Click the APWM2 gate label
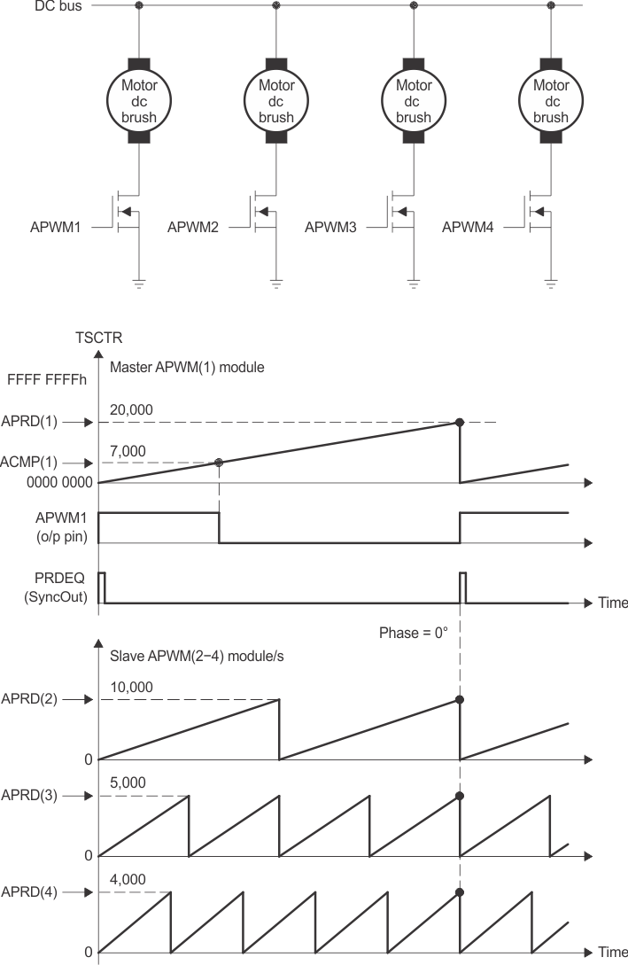(192, 227)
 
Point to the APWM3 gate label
(330, 227)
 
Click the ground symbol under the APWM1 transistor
(139, 284)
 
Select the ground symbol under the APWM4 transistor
(551, 284)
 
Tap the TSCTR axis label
(98, 337)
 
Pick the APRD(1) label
(29, 422)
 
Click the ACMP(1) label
(29, 463)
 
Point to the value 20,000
(133, 409)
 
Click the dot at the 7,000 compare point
(219, 463)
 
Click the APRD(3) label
(29, 795)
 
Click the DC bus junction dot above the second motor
(276, 6)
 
